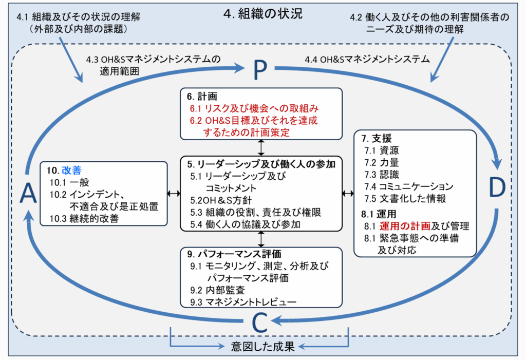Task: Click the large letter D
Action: [497, 188]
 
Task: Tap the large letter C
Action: [260, 323]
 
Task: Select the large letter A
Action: [28, 194]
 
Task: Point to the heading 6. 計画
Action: [199, 96]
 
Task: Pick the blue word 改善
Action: [72, 170]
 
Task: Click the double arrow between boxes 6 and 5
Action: [262, 147]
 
